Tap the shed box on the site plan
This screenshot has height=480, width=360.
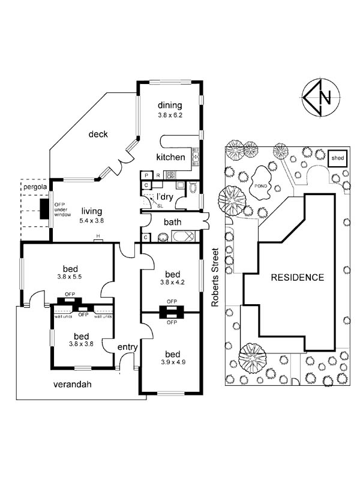(337, 158)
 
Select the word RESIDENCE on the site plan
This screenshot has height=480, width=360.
(297, 278)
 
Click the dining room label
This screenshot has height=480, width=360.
(169, 106)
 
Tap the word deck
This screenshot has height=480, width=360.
(98, 134)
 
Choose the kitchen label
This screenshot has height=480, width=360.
(170, 157)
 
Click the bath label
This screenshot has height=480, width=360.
(173, 222)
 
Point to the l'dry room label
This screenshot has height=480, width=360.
(165, 197)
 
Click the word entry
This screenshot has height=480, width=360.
(127, 347)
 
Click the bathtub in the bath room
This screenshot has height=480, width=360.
(182, 237)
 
